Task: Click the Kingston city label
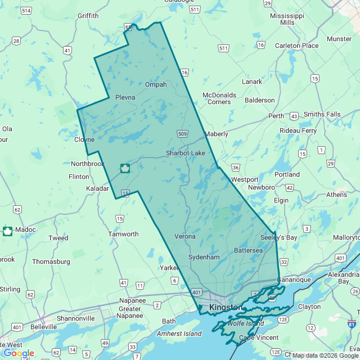(x=225, y=308)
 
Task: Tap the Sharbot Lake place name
(x=185, y=153)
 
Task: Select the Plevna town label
(x=125, y=97)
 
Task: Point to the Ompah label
(x=156, y=84)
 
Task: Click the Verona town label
(x=185, y=236)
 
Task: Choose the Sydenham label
(x=204, y=256)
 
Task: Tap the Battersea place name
(x=248, y=250)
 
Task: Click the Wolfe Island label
(x=246, y=323)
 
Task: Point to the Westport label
(x=245, y=179)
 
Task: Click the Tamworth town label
(x=123, y=234)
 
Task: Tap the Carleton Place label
(x=296, y=46)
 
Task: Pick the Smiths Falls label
(x=322, y=114)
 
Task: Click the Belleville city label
(x=43, y=326)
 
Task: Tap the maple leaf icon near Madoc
(x=8, y=231)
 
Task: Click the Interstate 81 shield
(x=352, y=325)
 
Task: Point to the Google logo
(x=19, y=353)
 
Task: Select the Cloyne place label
(x=84, y=139)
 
